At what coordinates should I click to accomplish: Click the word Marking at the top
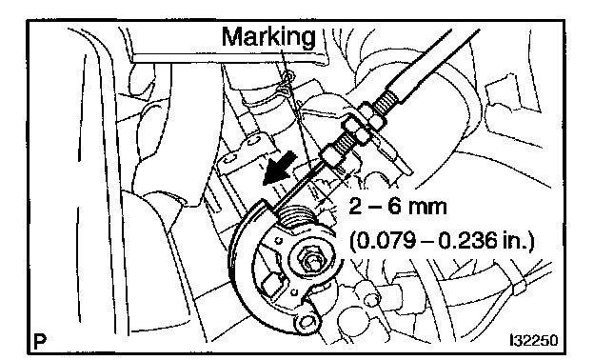(268, 38)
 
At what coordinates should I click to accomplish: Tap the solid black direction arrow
(280, 169)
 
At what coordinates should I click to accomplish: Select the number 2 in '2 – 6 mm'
(355, 207)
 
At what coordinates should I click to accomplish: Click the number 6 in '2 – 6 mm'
(394, 207)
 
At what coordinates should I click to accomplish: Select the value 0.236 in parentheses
(466, 241)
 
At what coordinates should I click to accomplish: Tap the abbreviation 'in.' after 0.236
(515, 241)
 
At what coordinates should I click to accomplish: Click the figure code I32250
(533, 340)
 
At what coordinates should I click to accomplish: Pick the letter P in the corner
(39, 341)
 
